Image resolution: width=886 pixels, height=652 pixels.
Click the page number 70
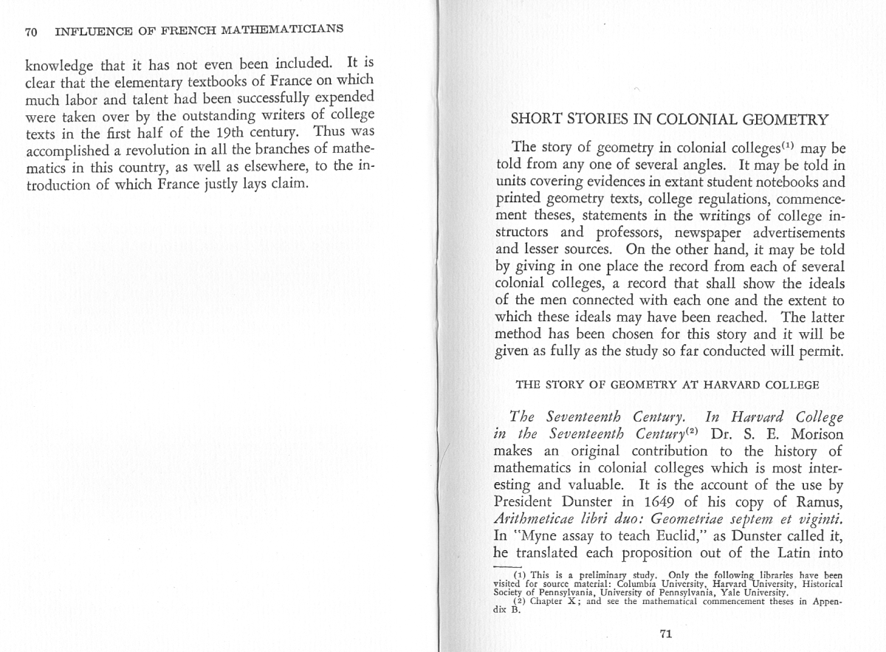pyautogui.click(x=31, y=32)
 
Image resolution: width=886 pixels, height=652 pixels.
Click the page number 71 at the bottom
pyautogui.click(x=666, y=633)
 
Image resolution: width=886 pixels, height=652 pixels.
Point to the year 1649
pyautogui.click(x=639, y=504)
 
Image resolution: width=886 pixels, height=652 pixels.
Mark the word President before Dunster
pyautogui.click(x=523, y=504)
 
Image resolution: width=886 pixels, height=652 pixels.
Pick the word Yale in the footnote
pyautogui.click(x=747, y=592)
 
